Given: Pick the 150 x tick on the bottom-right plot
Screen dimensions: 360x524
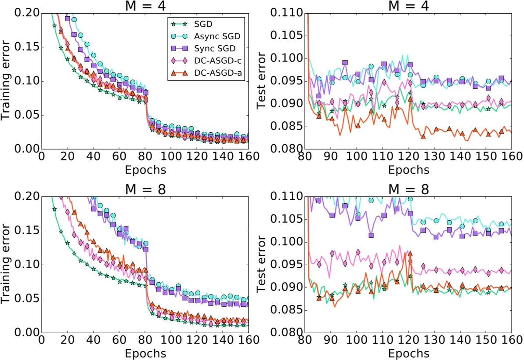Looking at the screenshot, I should click(486, 341).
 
